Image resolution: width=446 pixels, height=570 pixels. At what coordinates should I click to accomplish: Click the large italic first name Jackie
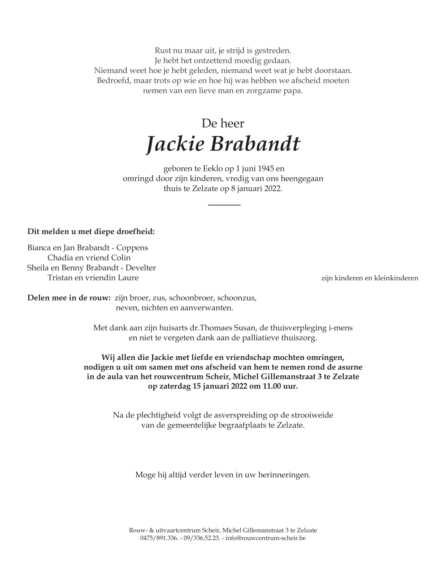175,145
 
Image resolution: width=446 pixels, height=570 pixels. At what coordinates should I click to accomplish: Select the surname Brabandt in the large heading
255,144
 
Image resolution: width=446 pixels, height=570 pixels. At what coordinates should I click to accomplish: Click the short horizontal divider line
224,204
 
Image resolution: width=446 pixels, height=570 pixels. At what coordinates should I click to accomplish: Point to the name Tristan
60,278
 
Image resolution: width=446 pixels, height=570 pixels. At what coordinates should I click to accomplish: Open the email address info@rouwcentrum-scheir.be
266,538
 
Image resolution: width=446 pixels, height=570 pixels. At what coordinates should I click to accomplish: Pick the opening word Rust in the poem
163,51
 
